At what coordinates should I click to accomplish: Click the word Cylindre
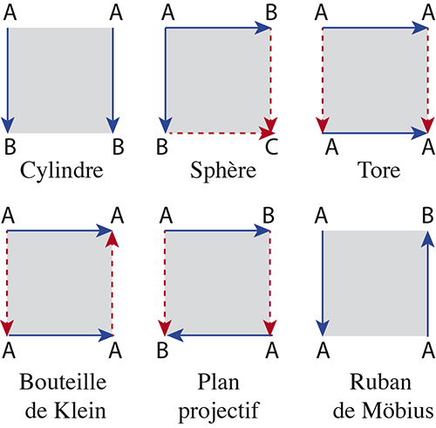coord(62,170)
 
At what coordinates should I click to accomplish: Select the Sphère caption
coord(223,170)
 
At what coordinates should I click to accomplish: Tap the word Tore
coord(378,170)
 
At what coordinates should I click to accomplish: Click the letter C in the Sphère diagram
coord(271,147)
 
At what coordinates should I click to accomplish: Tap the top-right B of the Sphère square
coord(271,13)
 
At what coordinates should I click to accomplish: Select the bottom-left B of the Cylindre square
coord(10,147)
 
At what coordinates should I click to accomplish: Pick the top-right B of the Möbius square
coord(427,216)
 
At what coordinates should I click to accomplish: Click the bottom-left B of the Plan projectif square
coord(162,350)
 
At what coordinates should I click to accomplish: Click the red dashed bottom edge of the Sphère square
coord(220,134)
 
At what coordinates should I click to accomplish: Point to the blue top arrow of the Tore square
coord(375,28)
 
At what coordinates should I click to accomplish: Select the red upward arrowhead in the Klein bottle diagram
coord(112,239)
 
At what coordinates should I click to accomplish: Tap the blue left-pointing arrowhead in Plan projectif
coord(175,335)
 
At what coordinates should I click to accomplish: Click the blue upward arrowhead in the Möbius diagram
coord(428,239)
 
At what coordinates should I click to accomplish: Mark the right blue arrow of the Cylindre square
coord(112,80)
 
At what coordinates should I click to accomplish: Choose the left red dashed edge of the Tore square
coord(323,80)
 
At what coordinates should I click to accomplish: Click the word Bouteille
coord(63,382)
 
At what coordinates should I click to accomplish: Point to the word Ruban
coord(380,382)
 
